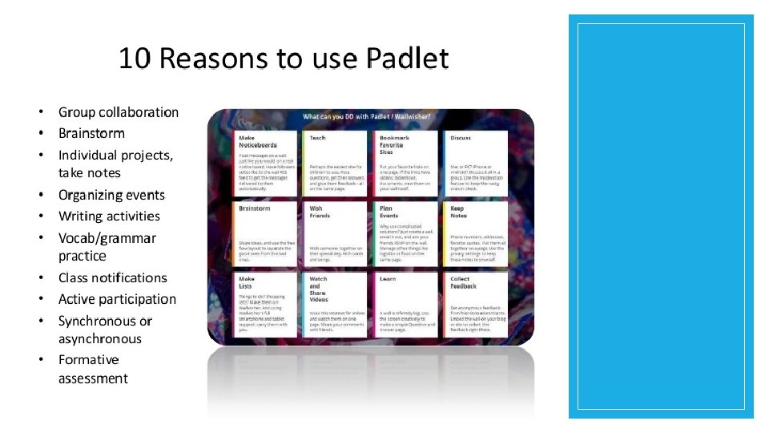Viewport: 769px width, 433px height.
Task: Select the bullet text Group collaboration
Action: pyautogui.click(x=119, y=112)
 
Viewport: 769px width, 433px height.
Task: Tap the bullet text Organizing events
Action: pyautogui.click(x=111, y=195)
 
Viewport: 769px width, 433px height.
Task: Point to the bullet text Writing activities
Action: pyautogui.click(x=109, y=216)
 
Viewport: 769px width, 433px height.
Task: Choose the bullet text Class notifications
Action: pyautogui.click(x=113, y=277)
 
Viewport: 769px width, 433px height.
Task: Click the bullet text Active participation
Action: pyautogui.click(x=117, y=299)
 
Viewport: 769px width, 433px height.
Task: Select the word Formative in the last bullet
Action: pyautogui.click(x=88, y=359)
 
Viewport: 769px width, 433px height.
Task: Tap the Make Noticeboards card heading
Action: pyautogui.click(x=257, y=142)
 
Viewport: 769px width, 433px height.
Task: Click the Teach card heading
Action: pyautogui.click(x=317, y=138)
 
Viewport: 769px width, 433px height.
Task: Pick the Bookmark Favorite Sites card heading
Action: pyautogui.click(x=394, y=144)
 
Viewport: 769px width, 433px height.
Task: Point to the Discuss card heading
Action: pyautogui.click(x=461, y=138)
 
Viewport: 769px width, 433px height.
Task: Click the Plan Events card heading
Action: pyautogui.click(x=389, y=212)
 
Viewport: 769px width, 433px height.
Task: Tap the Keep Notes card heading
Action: pyautogui.click(x=458, y=212)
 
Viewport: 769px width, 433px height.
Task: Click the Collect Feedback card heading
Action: pyautogui.click(x=463, y=282)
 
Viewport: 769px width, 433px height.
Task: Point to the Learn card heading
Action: pyautogui.click(x=388, y=279)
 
